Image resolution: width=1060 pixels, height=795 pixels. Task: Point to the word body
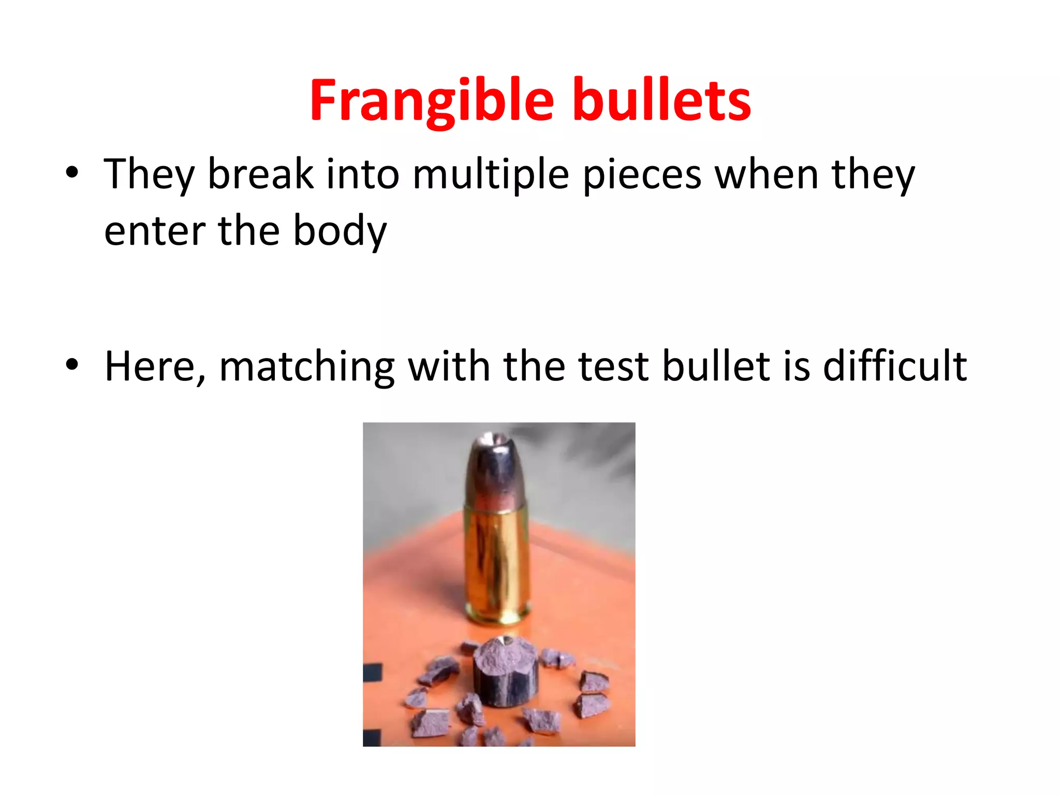pos(340,231)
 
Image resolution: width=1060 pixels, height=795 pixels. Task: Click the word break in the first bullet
pos(260,174)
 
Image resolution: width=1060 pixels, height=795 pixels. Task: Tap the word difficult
pos(894,365)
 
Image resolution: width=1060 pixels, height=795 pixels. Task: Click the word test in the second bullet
pos(613,366)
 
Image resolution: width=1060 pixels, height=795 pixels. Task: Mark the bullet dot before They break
pos(72,172)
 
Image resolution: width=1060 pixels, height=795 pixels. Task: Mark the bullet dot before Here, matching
pos(72,364)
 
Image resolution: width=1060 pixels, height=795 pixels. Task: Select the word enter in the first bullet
pos(154,231)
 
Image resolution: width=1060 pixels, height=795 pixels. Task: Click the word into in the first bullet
pos(363,174)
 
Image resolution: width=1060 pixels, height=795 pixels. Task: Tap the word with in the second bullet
pos(449,365)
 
